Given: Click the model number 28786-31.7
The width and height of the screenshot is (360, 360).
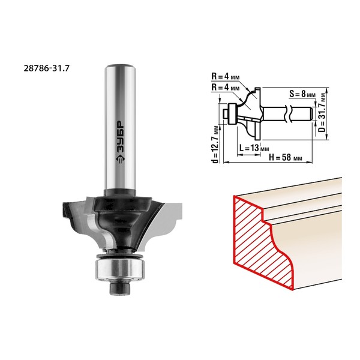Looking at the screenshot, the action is (46, 68).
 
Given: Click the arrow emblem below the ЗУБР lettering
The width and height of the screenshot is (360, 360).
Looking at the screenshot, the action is (121, 158).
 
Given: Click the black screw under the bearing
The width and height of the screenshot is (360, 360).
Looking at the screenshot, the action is (120, 288).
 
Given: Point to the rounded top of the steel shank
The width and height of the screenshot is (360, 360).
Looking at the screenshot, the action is (120, 67).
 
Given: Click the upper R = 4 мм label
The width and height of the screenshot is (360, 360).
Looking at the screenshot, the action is (226, 76).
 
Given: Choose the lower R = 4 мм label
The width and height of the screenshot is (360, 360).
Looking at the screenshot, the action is (226, 88).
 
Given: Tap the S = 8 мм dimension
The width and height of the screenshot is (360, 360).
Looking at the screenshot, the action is (302, 94).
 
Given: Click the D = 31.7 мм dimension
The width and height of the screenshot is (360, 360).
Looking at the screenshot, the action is (322, 113).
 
